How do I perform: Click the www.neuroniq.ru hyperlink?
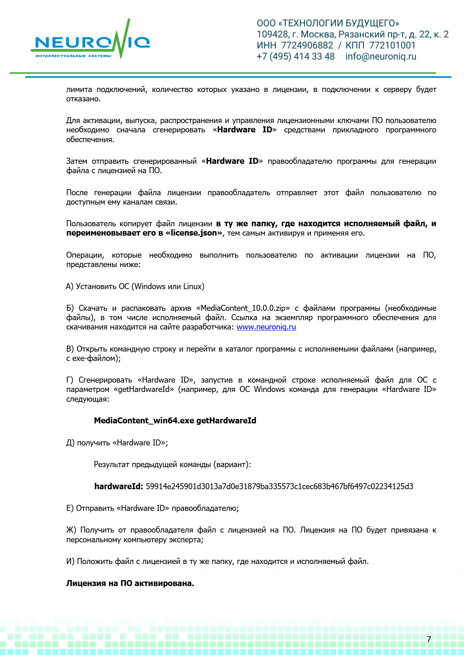click(x=266, y=327)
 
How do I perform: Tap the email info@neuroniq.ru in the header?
click(x=381, y=56)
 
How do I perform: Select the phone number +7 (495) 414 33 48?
click(x=296, y=56)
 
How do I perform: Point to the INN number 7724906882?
click(x=307, y=46)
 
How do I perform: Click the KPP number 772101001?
click(x=392, y=46)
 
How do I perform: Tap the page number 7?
click(x=429, y=639)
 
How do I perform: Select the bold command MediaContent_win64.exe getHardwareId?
click(x=175, y=420)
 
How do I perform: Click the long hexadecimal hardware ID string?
click(x=279, y=486)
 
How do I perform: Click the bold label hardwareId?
click(x=119, y=486)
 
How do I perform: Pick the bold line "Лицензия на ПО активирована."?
click(x=130, y=583)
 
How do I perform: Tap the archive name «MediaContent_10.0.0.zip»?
click(x=243, y=308)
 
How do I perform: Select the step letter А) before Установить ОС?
click(x=70, y=286)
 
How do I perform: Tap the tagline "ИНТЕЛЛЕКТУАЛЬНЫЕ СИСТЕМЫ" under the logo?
click(x=73, y=56)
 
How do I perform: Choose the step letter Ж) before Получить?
click(x=71, y=530)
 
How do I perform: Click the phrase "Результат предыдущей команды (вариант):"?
click(x=172, y=465)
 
